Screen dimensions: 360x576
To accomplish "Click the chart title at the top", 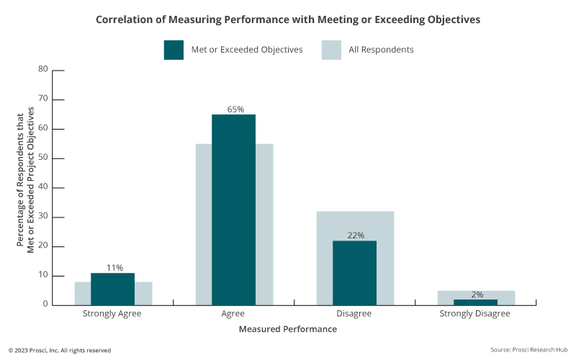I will pos(288,19).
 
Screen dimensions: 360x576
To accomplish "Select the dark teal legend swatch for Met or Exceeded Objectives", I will pos(174,50).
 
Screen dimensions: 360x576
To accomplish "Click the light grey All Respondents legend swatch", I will pos(330,50).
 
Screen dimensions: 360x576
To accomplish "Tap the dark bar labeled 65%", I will pos(234,209).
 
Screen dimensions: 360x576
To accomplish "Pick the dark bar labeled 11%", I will pos(113,289).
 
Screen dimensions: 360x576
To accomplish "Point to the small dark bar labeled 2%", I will pos(476,302).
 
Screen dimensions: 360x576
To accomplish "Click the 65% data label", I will pos(235,109).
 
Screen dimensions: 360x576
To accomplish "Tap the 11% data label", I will pos(114,268).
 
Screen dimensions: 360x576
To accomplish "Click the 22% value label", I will pos(356,235).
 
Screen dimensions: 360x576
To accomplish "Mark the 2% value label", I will pos(477,294).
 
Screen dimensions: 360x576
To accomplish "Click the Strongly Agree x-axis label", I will pos(112,314).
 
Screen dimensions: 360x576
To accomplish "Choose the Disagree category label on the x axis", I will pos(355,314).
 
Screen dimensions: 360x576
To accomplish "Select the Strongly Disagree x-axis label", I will pos(475,314).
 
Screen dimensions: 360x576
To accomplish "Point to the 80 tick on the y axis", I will pos(42,70).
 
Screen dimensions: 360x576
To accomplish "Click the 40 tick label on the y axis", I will pos(42,187).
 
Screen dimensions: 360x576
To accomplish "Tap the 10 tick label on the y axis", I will pos(42,275).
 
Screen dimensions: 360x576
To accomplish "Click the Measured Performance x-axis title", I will pos(288,329).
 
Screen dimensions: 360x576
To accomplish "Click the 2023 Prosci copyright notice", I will pos(60,350).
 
